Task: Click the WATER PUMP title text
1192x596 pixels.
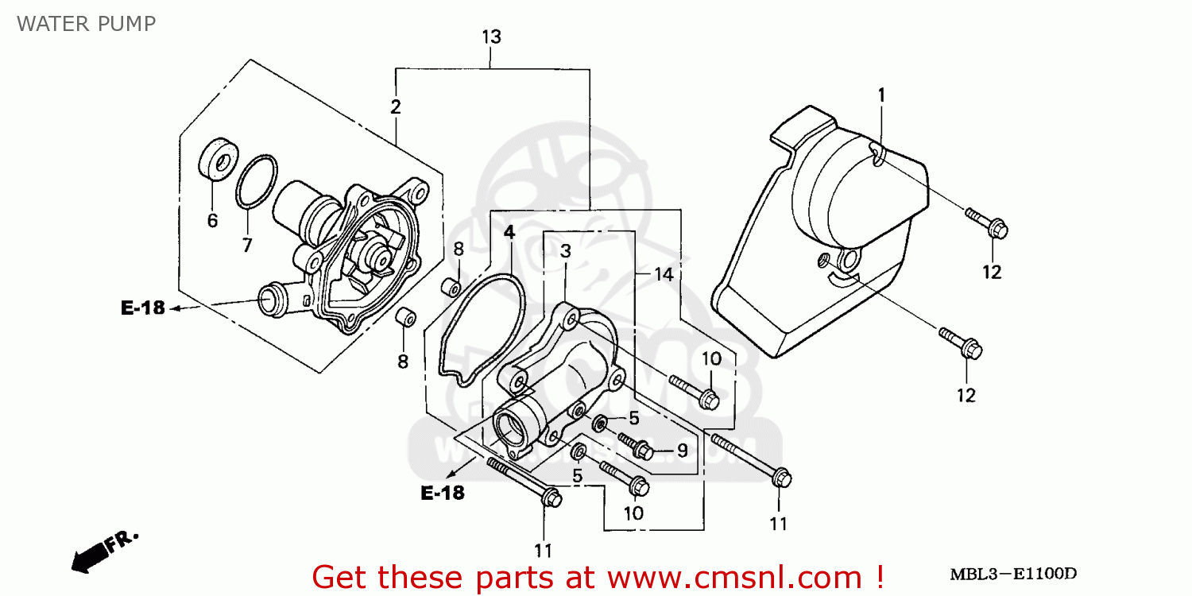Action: [86, 23]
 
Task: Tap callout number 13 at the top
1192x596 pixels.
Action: [491, 37]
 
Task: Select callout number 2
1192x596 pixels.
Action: [395, 107]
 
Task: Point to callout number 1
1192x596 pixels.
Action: [880, 95]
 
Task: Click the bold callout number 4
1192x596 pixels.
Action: [509, 233]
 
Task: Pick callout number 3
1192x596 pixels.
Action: [565, 252]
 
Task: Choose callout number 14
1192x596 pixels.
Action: [664, 274]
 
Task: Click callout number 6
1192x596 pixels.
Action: [212, 221]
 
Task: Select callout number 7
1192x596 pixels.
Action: [247, 245]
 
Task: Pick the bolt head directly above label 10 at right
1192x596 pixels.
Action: [710, 398]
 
